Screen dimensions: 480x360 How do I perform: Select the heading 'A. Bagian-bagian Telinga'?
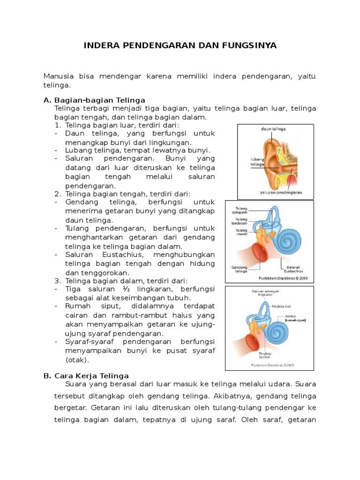tap(94, 100)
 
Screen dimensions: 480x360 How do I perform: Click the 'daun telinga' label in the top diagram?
tap(273, 128)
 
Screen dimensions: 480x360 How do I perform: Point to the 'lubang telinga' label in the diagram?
tap(257, 162)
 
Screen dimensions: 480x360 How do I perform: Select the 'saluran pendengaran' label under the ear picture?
tap(281, 192)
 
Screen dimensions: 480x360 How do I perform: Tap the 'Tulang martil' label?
tap(241, 232)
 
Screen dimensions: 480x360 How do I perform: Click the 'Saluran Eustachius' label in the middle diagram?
tap(293, 269)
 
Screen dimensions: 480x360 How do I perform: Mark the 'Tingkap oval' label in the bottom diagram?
tap(282, 306)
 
